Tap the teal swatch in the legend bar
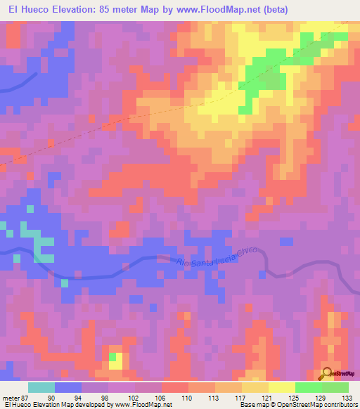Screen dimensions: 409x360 click(x=41, y=387)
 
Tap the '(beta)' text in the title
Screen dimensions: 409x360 click(x=283, y=10)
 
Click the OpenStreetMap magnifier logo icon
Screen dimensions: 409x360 click(x=327, y=374)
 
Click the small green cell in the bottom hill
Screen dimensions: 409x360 click(x=112, y=356)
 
